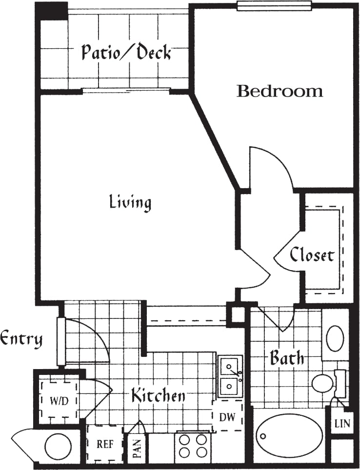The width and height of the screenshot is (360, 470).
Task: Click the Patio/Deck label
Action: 126,52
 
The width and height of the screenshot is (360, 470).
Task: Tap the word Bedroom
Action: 280,91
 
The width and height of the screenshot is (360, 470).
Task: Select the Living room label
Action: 130,201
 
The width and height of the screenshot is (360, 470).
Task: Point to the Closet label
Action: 312,255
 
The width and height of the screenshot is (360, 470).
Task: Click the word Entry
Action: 21,338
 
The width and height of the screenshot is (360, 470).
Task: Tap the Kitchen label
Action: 158,395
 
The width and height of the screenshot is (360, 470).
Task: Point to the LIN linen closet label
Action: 341,424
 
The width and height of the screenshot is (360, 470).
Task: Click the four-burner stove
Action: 192,446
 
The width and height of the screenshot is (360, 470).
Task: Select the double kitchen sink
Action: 230,376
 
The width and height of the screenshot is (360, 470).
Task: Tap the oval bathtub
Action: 289,435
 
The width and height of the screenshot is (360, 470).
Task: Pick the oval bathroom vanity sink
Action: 335,338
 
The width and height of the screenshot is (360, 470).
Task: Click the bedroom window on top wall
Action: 274,5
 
